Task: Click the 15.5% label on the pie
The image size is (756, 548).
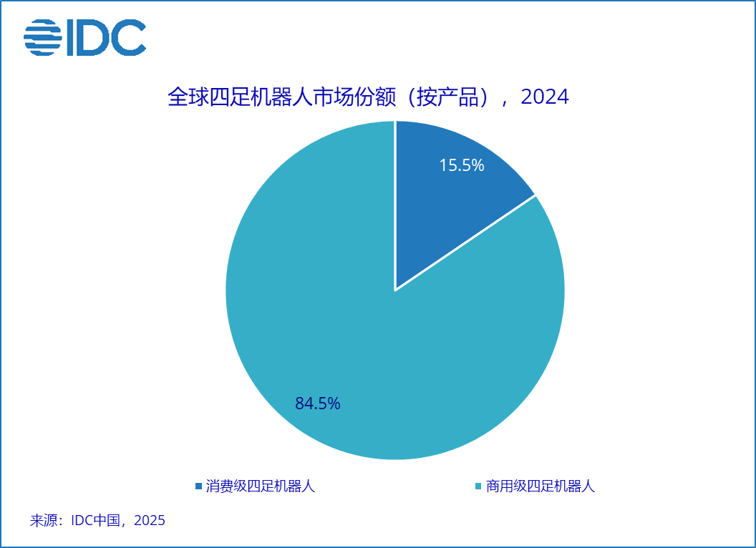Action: (462, 165)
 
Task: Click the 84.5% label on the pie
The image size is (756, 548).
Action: (317, 403)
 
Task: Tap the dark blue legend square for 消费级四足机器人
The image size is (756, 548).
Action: (198, 486)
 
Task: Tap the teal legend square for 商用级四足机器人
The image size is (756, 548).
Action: (478, 486)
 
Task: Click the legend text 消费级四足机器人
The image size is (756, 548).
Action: (261, 486)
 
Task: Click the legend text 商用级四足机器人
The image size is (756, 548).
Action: (541, 486)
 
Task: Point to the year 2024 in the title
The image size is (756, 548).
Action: (545, 97)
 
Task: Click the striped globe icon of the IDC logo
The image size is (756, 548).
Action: (43, 37)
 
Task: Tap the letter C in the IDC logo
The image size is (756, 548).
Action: (129, 37)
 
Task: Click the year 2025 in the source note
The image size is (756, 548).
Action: (150, 520)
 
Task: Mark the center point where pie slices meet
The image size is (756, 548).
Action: (395, 290)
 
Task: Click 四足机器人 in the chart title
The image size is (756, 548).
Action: (270, 97)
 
